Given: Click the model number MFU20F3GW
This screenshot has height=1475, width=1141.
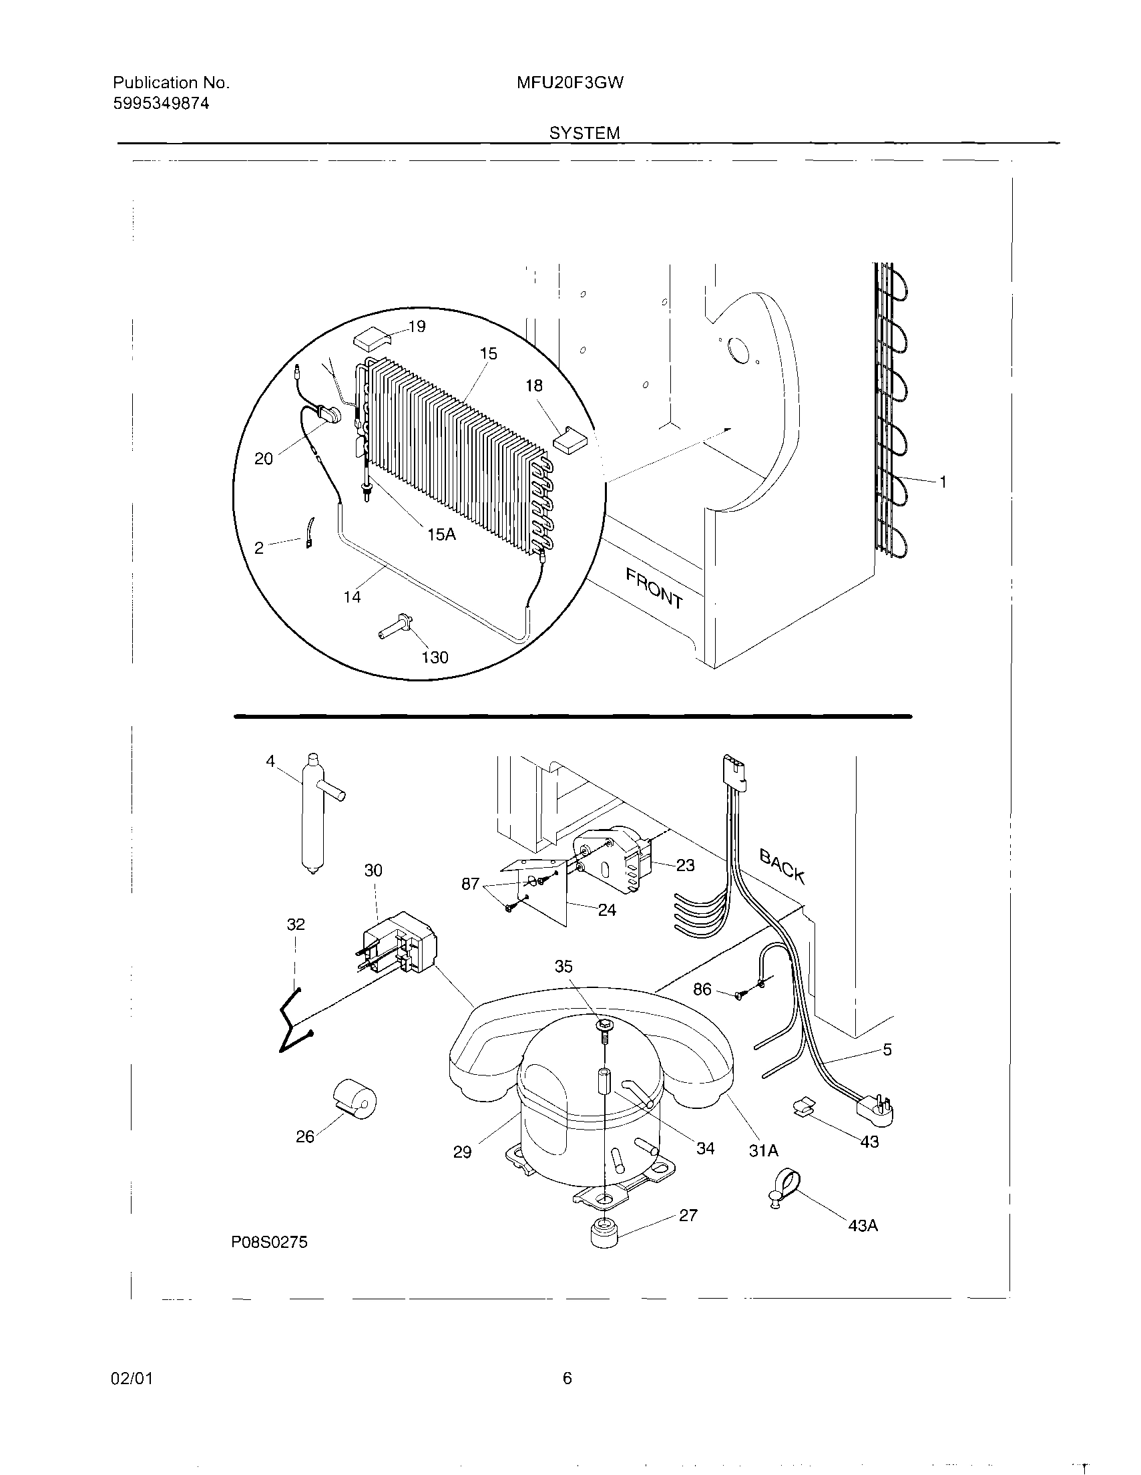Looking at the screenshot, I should point(569,83).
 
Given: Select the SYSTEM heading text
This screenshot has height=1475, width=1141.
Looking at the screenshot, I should point(584,133).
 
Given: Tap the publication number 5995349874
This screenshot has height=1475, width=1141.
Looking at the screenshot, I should point(161,104).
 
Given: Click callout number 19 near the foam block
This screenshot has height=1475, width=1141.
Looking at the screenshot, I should point(417,327).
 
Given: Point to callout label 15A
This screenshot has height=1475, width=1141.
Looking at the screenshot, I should point(441,534).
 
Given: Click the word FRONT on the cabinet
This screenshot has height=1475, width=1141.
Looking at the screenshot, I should point(654,588).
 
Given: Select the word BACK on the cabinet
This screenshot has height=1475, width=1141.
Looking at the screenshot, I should point(782,866).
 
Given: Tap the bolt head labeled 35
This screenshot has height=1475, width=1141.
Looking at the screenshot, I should point(604,1026).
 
